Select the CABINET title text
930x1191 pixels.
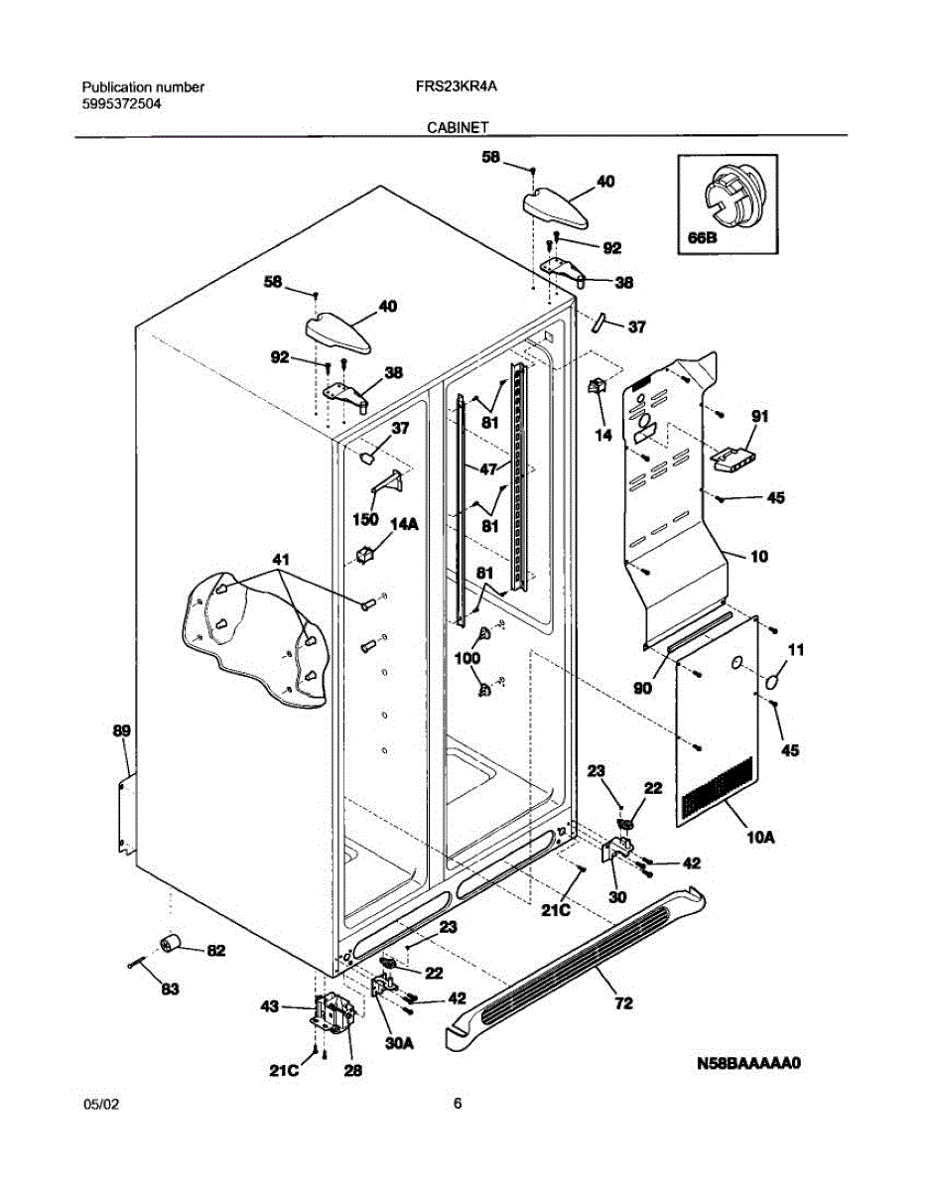pyautogui.click(x=457, y=127)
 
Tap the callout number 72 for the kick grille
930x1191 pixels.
pyautogui.click(x=623, y=1004)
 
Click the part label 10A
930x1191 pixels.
pyautogui.click(x=760, y=838)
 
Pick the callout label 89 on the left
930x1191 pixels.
pyautogui.click(x=121, y=730)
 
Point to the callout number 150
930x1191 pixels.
pyautogui.click(x=366, y=520)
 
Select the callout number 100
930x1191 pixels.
pyautogui.click(x=466, y=658)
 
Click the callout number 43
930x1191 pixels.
pyautogui.click(x=269, y=1006)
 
